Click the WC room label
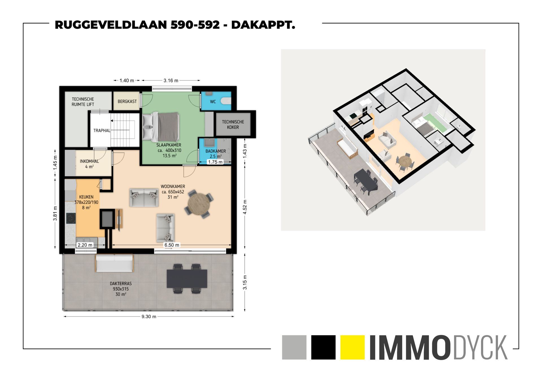coord(213,102)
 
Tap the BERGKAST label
coord(127,101)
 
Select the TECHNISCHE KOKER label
coord(233,124)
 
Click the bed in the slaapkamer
coord(161,127)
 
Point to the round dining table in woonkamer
coord(199,204)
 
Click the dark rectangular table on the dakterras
coord(187,279)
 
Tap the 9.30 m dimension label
coord(149,317)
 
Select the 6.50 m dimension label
coord(172,245)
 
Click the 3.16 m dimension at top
coord(171,80)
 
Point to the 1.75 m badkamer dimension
coord(215,162)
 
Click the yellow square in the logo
coord(353,347)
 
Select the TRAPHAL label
coord(102,130)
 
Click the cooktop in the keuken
coord(71,218)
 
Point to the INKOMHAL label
coord(89,161)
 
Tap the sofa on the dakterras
coord(114,263)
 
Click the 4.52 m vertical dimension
coord(245,207)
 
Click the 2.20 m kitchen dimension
coord(85,245)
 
